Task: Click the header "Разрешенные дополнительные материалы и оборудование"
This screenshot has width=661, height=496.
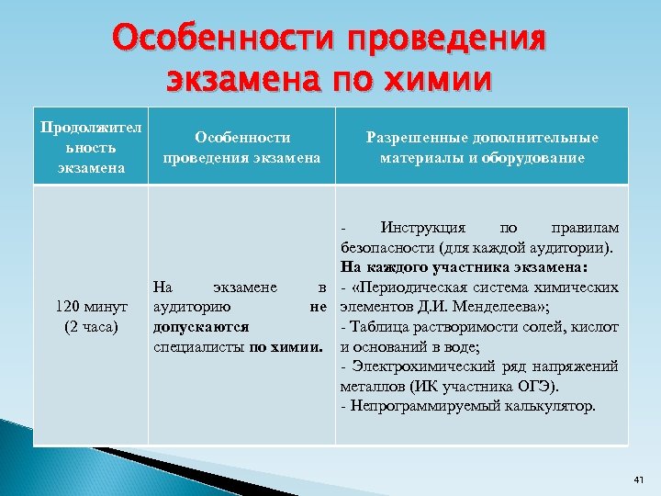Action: point(482,147)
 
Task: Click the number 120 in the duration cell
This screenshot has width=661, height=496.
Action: point(70,307)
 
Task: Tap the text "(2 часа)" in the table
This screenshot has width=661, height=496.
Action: point(90,326)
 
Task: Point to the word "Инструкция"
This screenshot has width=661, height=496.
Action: point(423,227)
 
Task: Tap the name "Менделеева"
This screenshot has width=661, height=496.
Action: point(506,307)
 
